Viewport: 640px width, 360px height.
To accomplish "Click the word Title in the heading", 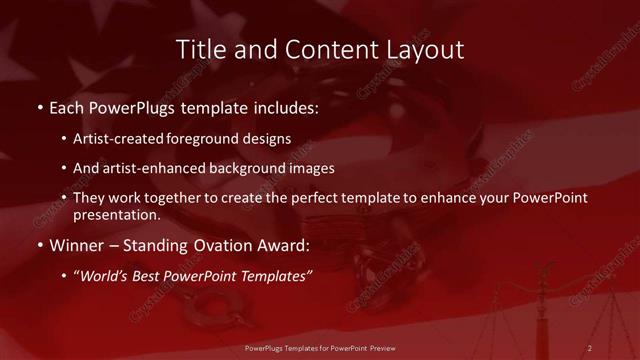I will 199,49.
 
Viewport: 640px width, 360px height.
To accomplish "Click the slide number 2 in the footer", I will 590,347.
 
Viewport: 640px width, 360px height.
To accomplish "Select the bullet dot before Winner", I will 39,244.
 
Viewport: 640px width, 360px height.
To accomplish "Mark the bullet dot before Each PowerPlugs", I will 39,105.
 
